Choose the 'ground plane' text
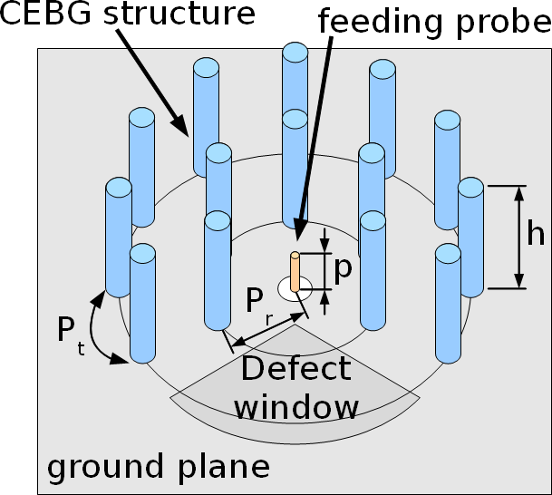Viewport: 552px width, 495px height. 158,466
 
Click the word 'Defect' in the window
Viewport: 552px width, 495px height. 295,368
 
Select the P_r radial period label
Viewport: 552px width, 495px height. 260,302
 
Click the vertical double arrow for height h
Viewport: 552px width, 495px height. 519,237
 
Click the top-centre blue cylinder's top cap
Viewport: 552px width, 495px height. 295,53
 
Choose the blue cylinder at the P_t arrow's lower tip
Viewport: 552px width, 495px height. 142,304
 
